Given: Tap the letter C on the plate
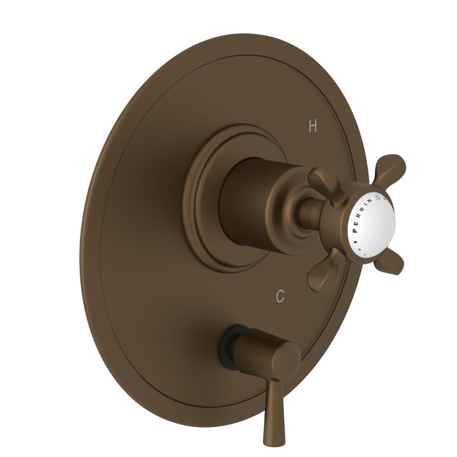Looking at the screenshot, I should click(x=280, y=296).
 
